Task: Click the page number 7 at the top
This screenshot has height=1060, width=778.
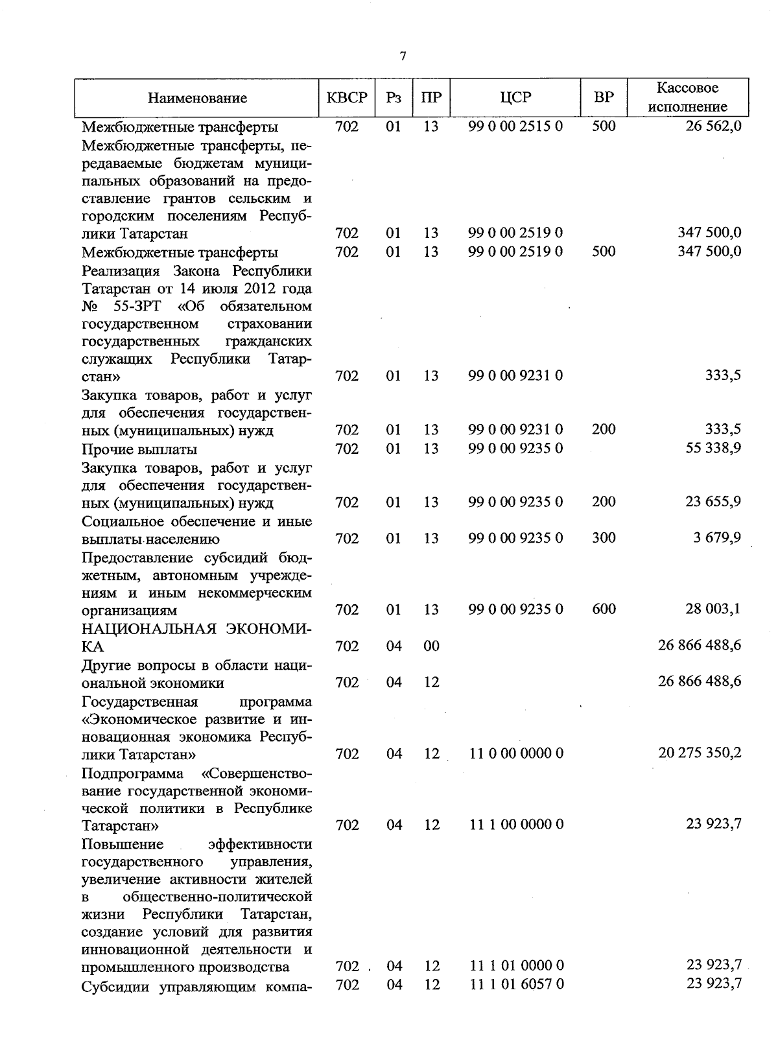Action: click(x=403, y=56)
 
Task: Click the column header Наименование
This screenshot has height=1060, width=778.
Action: click(x=197, y=99)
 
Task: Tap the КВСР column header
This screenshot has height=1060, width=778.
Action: click(x=347, y=98)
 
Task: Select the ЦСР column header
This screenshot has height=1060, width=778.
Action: click(x=515, y=98)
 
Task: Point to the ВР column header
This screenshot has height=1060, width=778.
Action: click(x=604, y=98)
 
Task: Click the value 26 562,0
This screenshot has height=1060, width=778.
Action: click(x=713, y=126)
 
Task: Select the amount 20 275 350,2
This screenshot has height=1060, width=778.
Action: click(x=700, y=753)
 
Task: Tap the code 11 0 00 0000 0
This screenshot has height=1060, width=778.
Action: click(x=516, y=753)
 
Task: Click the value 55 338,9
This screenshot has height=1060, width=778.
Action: click(x=713, y=448)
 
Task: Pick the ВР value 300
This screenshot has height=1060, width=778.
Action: click(x=604, y=537)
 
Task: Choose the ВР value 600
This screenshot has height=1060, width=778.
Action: click(x=604, y=609)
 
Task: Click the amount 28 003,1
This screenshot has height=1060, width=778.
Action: click(x=713, y=609)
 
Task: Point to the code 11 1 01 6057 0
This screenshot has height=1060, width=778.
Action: click(x=516, y=984)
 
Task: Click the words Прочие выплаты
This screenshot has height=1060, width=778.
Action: click(x=139, y=449)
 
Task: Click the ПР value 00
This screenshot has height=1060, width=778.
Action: click(x=431, y=646)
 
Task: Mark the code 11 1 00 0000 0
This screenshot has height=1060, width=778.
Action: click(x=516, y=825)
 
